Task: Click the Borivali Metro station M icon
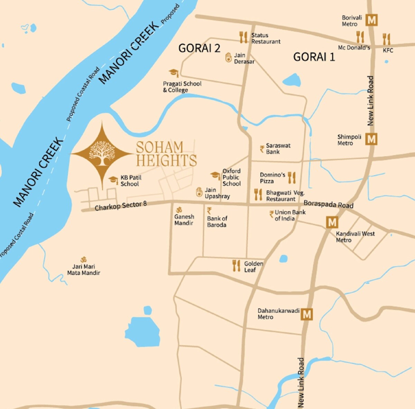(x=372, y=20)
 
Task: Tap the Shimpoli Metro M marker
(x=371, y=139)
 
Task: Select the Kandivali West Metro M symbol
(x=332, y=222)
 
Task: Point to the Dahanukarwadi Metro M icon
(x=307, y=314)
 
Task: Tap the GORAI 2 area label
(x=199, y=48)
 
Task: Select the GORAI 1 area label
(x=314, y=57)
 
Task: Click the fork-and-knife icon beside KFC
(x=386, y=39)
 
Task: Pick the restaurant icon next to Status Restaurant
(x=243, y=37)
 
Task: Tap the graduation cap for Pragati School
(x=174, y=73)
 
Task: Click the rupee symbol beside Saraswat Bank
(x=262, y=149)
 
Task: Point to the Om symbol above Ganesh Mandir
(x=179, y=210)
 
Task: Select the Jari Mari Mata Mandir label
(x=84, y=270)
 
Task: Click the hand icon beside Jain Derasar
(x=228, y=57)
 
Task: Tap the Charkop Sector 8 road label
(x=121, y=206)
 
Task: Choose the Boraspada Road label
(x=328, y=204)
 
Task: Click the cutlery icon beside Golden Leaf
(x=237, y=266)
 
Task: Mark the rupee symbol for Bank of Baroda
(x=209, y=211)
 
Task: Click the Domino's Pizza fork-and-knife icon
(x=292, y=178)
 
